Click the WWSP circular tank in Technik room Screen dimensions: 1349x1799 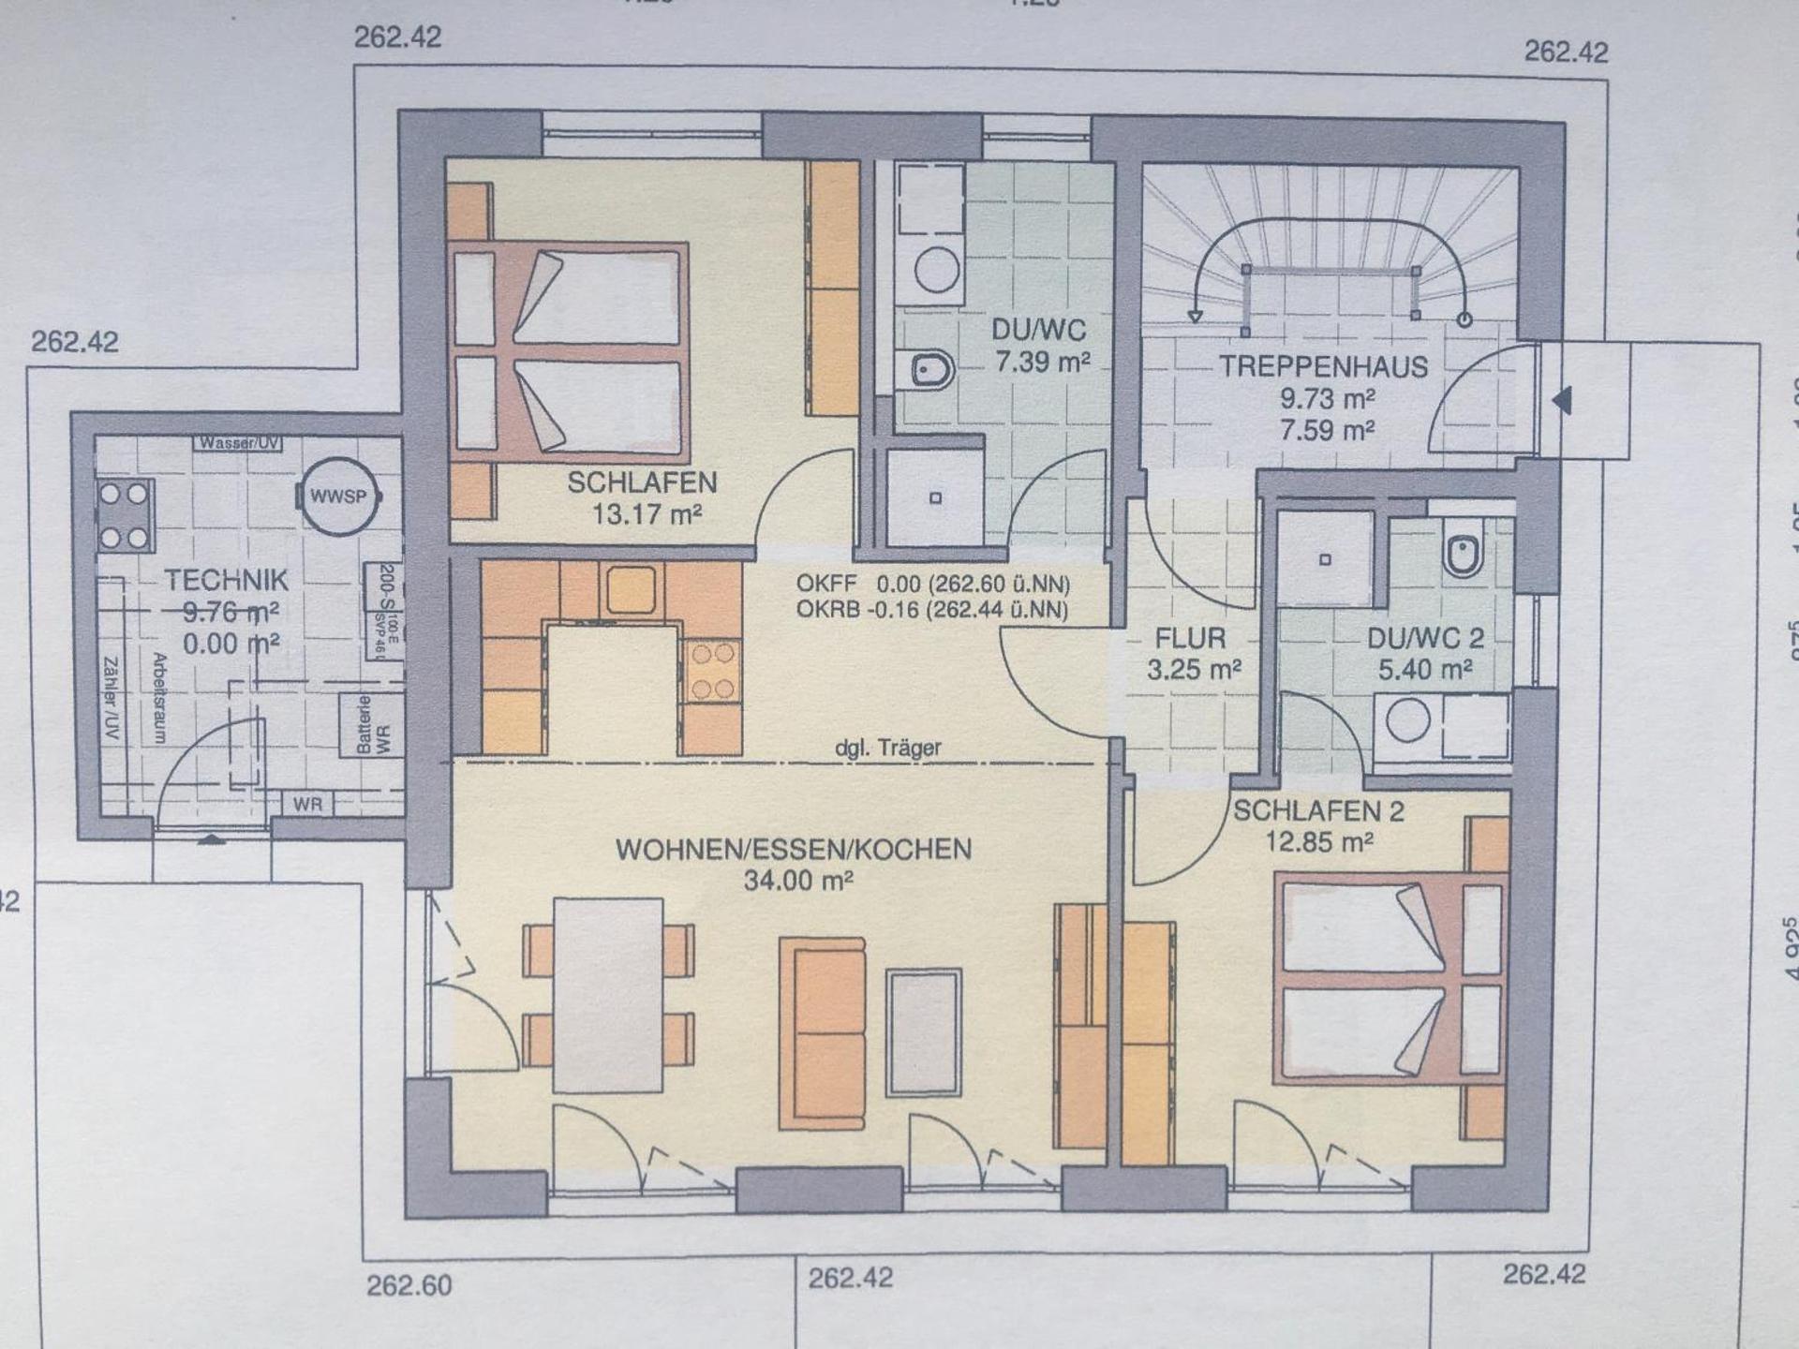coord(338,497)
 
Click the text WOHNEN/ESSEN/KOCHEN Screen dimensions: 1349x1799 coord(794,850)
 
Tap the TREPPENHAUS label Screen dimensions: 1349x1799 coord(1323,366)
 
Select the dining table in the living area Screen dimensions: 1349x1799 coord(608,995)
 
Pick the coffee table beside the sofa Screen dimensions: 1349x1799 coord(924,1032)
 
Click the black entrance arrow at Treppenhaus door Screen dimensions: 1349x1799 coord(1561,401)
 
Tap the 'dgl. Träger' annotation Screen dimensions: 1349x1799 coord(887,749)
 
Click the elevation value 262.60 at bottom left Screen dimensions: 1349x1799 coord(409,1285)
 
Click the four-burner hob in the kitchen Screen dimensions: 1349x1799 coord(712,671)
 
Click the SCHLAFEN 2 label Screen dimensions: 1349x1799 coord(1318,811)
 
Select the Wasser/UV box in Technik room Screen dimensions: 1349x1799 coord(238,443)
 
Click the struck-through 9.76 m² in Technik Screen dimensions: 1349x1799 coord(230,613)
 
